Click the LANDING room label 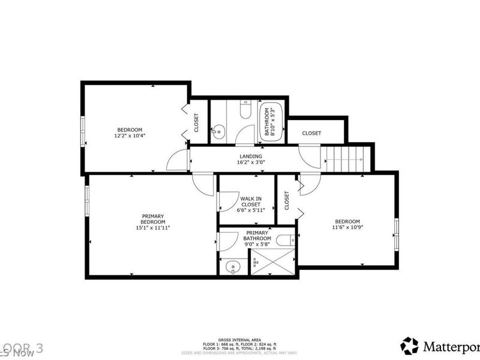250,156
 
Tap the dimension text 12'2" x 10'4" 130,136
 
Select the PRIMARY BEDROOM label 153,219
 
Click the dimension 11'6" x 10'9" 348,227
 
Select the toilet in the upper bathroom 245,111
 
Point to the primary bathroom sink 232,266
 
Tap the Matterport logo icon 410,345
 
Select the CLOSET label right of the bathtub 311,133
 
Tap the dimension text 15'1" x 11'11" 153,227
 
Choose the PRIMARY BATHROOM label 257,235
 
